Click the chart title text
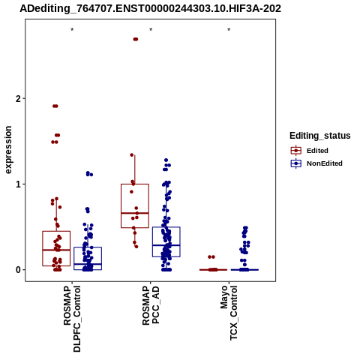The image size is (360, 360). (x=150, y=8)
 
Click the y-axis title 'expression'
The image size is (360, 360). (x=8, y=150)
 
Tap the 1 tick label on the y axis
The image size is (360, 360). (x=18, y=184)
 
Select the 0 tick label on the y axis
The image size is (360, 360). (x=18, y=270)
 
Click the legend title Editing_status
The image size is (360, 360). (x=320, y=136)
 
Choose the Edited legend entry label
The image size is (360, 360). (x=317, y=151)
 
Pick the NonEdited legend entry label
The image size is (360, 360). (x=325, y=163)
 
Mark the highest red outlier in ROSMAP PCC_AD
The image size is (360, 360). (x=136, y=39)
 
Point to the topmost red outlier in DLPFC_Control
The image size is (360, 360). (x=55, y=106)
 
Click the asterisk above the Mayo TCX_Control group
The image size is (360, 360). (x=229, y=30)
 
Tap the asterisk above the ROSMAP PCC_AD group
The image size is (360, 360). (x=151, y=30)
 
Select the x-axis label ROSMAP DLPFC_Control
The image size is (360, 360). (x=72, y=319)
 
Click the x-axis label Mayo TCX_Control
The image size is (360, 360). (x=229, y=313)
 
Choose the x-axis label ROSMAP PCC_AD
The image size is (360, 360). (x=151, y=306)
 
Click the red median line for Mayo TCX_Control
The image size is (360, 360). (x=213, y=270)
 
